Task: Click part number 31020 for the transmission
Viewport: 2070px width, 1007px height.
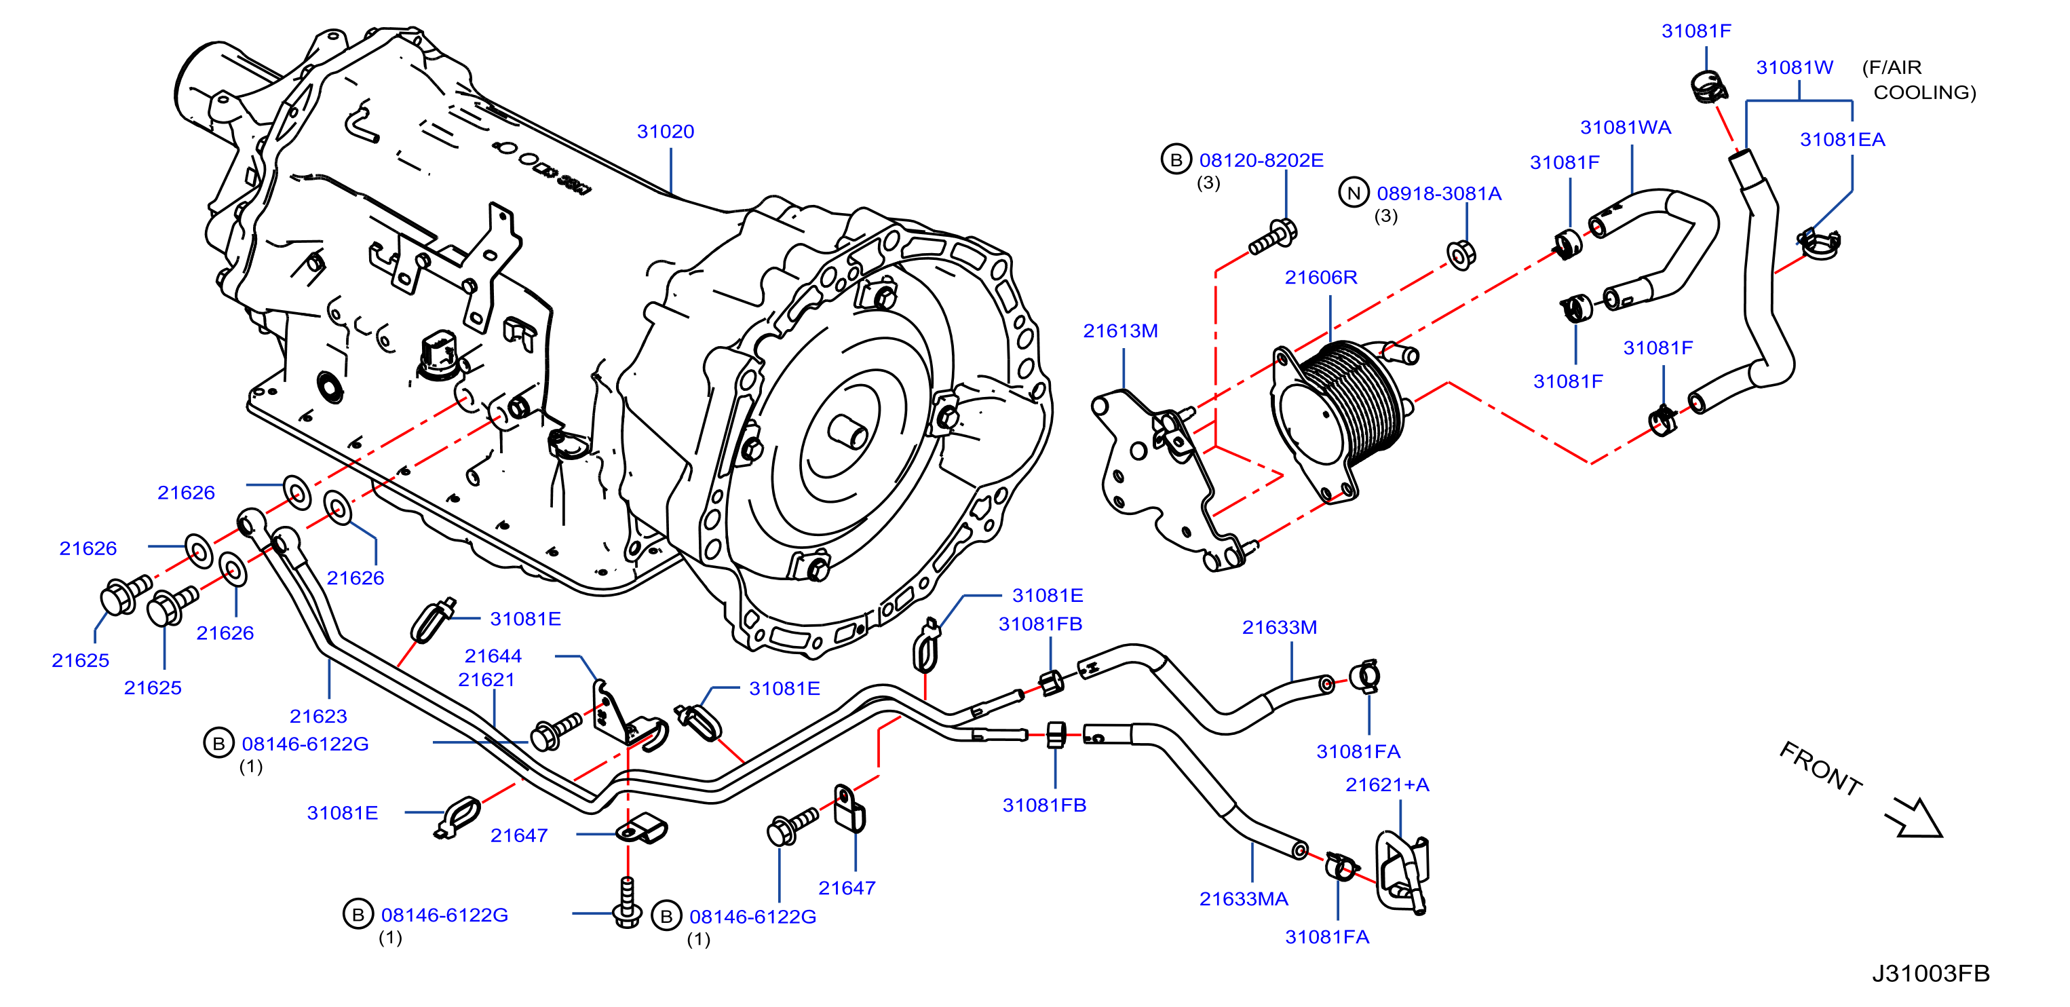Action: click(666, 131)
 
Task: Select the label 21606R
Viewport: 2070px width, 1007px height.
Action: click(1321, 278)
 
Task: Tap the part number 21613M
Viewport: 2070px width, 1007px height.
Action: click(1120, 330)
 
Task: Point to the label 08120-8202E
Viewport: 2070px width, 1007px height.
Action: click(1261, 160)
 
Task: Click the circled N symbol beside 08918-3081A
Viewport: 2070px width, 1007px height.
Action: click(1354, 193)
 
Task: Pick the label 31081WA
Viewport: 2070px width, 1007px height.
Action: click(1626, 127)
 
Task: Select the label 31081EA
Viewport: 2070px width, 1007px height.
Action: click(1842, 139)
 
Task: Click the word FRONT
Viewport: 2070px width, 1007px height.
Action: click(1821, 767)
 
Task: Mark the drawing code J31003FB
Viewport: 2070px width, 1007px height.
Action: click(1930, 973)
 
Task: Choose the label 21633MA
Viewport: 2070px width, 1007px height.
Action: click(1243, 898)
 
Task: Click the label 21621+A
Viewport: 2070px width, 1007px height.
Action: click(1387, 784)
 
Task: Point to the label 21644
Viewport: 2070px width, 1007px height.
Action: click(493, 655)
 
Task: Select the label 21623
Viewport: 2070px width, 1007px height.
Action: click(318, 716)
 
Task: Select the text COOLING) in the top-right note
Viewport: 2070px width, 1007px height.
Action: click(1925, 92)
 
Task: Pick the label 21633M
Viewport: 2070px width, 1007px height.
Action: click(1280, 627)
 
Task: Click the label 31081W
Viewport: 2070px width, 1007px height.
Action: click(1795, 67)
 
